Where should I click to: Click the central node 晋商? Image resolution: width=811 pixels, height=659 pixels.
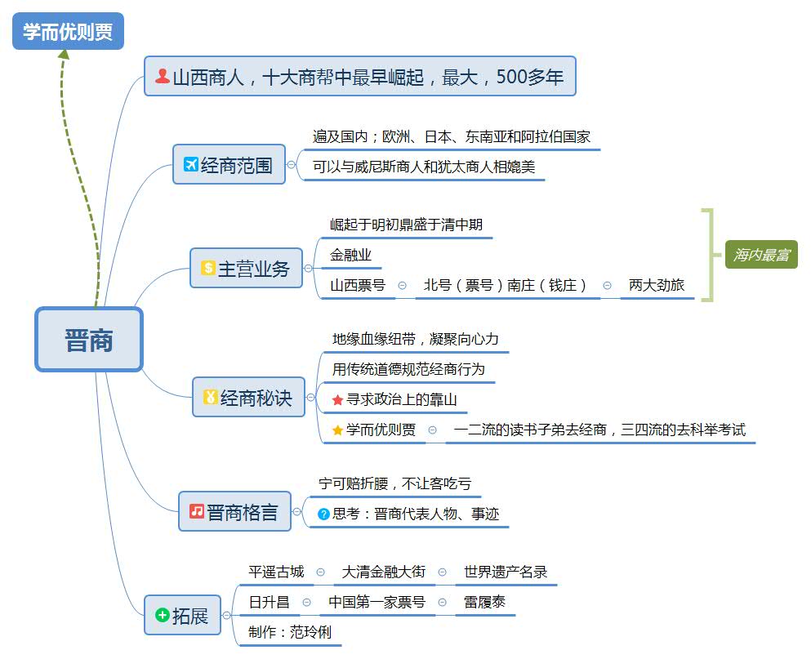point(89,340)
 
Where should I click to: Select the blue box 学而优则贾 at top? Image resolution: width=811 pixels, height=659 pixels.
point(68,31)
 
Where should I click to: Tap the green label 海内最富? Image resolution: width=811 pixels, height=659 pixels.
point(761,255)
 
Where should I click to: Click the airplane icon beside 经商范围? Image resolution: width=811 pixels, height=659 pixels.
point(190,165)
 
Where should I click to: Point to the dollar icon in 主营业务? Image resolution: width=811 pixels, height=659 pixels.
point(207,268)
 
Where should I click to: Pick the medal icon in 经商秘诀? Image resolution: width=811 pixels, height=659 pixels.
point(210,398)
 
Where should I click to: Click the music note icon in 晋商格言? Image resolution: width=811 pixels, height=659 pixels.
point(197,511)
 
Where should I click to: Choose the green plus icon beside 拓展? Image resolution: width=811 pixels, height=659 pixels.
point(162,614)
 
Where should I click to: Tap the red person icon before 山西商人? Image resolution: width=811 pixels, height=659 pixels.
point(163,76)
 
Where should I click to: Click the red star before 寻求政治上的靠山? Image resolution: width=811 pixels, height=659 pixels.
point(337,400)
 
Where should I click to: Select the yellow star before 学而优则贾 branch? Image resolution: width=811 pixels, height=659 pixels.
point(337,430)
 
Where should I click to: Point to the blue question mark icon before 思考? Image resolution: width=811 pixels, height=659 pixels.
point(323,514)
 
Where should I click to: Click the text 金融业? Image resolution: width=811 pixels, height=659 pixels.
point(350,255)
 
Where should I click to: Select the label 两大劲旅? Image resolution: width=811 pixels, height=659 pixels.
point(656,285)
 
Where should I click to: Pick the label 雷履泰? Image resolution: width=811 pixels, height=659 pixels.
point(485,602)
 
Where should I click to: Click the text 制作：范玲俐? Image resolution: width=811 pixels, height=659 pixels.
point(290,632)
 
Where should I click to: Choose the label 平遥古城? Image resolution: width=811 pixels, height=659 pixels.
point(276,572)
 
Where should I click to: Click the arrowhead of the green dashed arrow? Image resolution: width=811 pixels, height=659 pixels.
point(65,55)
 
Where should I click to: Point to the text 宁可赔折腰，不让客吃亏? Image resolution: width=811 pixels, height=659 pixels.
point(394,483)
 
